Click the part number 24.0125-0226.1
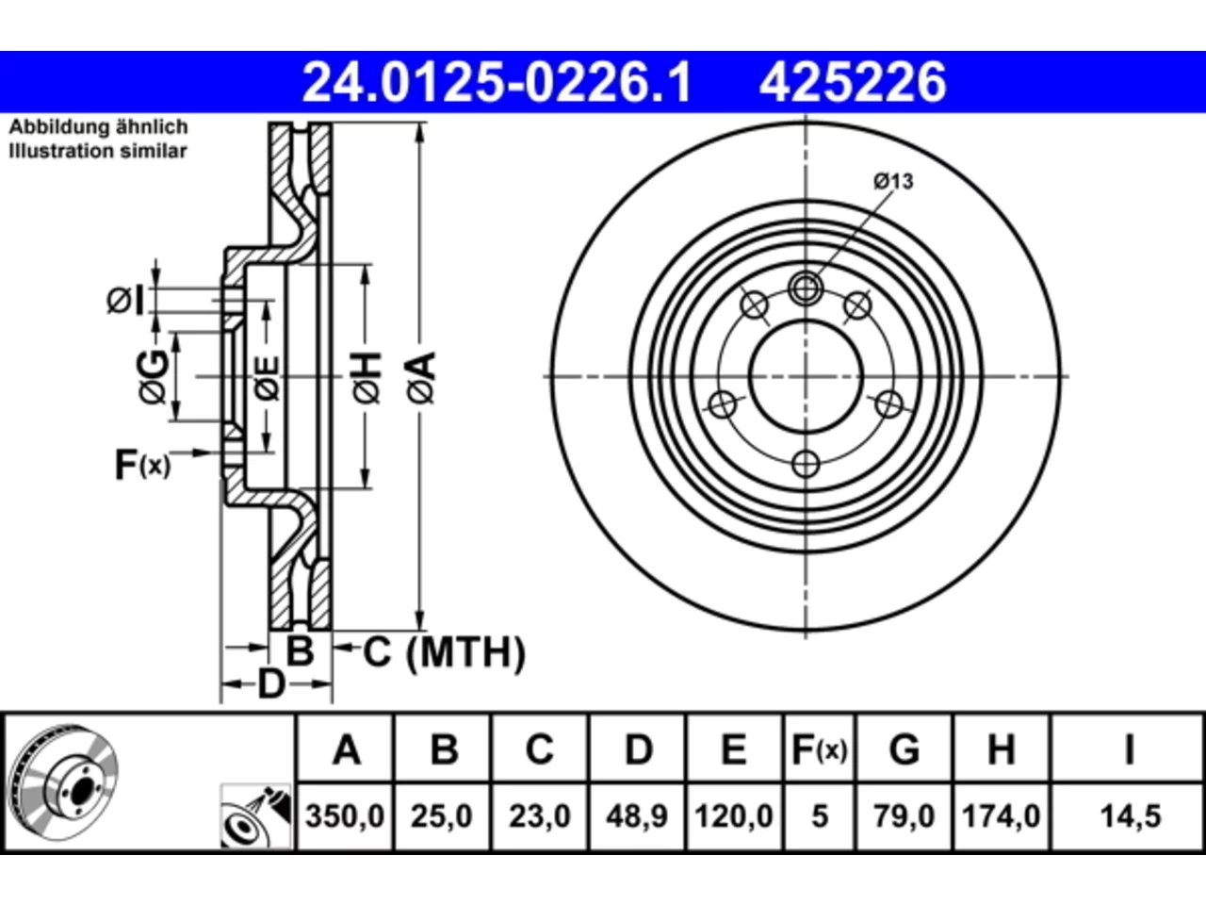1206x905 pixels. point(497,82)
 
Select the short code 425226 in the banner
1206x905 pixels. point(854,82)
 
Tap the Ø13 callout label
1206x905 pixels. point(893,181)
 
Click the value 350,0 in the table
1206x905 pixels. point(345,816)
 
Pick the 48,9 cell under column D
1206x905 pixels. point(637,816)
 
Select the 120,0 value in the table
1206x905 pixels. point(734,816)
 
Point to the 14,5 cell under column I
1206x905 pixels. point(1131,816)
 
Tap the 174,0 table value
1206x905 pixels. point(1001,816)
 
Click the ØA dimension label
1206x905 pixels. point(421,378)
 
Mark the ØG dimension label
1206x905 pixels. point(153,376)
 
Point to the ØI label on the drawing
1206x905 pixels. point(125,301)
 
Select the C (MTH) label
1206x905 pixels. point(445,651)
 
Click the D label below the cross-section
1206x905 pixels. point(271,684)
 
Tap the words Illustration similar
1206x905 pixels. point(98,151)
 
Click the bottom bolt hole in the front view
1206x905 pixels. point(806,465)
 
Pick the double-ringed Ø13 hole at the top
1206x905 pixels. point(806,288)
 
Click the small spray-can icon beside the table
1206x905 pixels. point(256,816)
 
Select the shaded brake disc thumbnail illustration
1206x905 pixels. point(64,783)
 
